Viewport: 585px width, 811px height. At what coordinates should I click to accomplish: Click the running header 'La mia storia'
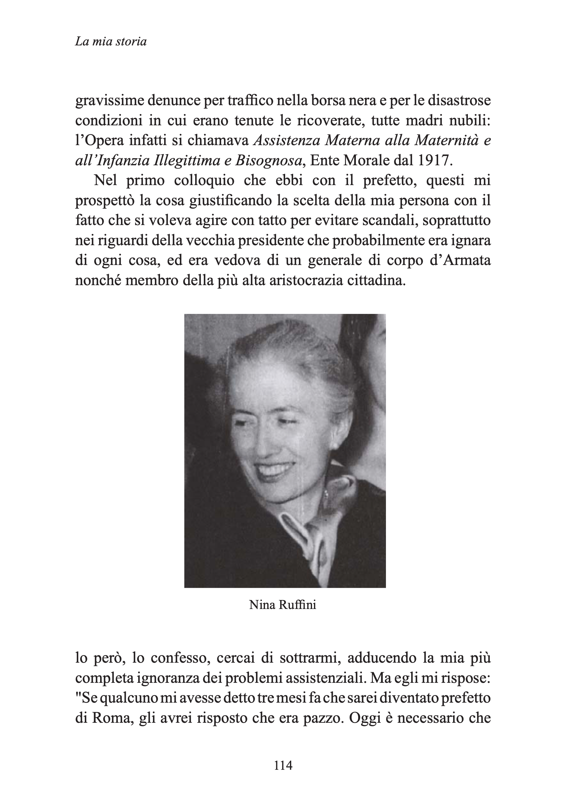111,42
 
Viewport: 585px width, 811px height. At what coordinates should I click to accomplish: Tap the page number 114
283,765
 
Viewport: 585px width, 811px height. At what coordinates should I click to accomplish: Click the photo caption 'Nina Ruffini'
283,605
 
